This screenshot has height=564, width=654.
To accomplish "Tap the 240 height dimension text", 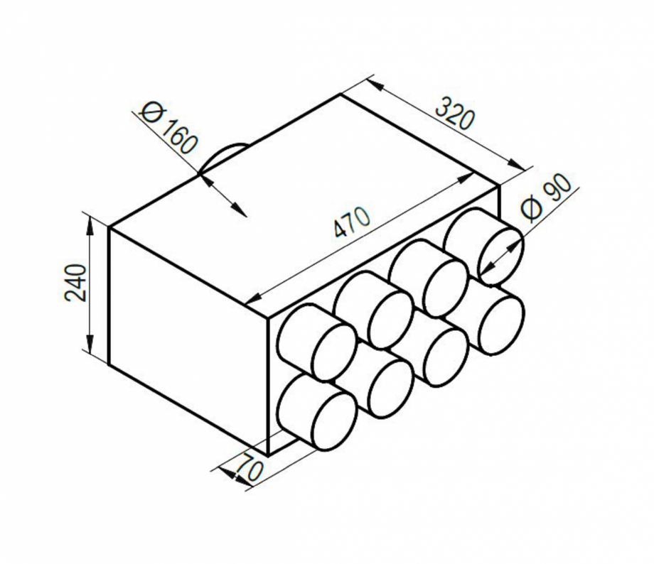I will coord(77,283).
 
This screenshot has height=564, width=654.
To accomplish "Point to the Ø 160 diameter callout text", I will coord(169,129).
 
